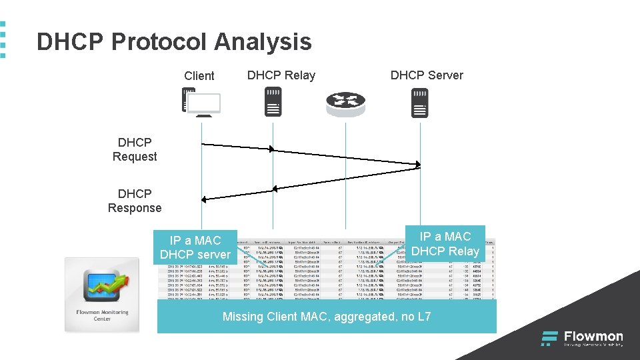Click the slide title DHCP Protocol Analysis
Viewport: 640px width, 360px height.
(x=174, y=42)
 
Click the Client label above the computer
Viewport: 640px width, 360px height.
(x=199, y=76)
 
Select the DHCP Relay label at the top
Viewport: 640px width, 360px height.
(x=281, y=75)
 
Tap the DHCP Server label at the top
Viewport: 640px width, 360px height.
(x=426, y=75)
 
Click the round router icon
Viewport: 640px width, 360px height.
(x=346, y=103)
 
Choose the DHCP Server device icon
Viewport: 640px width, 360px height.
(x=419, y=103)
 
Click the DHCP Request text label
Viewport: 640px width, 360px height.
(x=135, y=150)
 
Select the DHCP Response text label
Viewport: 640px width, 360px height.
(x=135, y=201)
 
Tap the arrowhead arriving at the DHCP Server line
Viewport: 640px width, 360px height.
(x=418, y=164)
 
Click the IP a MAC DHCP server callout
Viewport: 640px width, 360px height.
(x=195, y=247)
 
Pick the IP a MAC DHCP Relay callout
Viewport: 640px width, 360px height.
(x=445, y=244)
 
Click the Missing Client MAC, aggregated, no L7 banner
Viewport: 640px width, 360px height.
(x=327, y=317)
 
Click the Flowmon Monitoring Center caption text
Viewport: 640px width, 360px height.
(x=101, y=315)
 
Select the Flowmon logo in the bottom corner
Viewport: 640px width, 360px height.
(x=582, y=339)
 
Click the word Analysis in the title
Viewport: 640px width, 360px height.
(x=263, y=42)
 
